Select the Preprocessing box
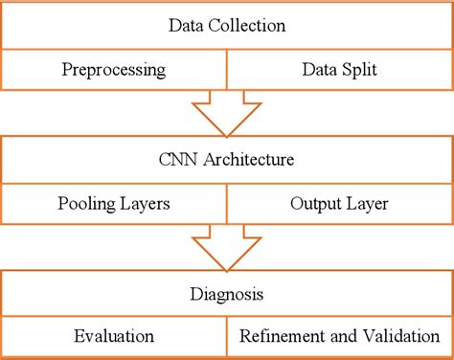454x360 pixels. [x=114, y=70]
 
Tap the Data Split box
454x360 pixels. [x=338, y=70]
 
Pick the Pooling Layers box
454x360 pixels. [x=114, y=204]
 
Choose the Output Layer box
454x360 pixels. [x=338, y=204]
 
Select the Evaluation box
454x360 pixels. [x=114, y=337]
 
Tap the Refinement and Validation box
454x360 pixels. [x=338, y=337]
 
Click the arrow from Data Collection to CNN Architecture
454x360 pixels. [x=226, y=113]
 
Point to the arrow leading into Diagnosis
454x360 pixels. [x=226, y=248]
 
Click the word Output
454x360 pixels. [x=315, y=204]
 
